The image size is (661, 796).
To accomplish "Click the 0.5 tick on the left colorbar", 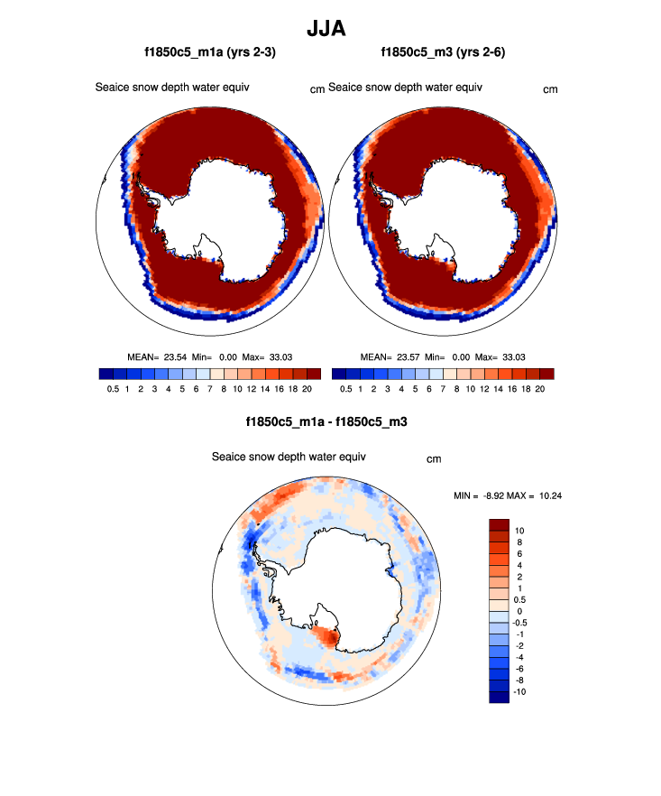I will coord(112,389).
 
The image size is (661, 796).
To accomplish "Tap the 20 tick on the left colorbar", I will coord(307,389).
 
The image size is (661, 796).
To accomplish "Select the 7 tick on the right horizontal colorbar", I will coord(443,389).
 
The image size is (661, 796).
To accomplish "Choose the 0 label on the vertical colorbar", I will coord(518,611).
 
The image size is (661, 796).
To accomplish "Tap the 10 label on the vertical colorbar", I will coord(518,531).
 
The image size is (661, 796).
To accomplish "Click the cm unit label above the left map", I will coord(317,89).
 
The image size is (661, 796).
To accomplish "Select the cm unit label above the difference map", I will coord(434,459).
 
